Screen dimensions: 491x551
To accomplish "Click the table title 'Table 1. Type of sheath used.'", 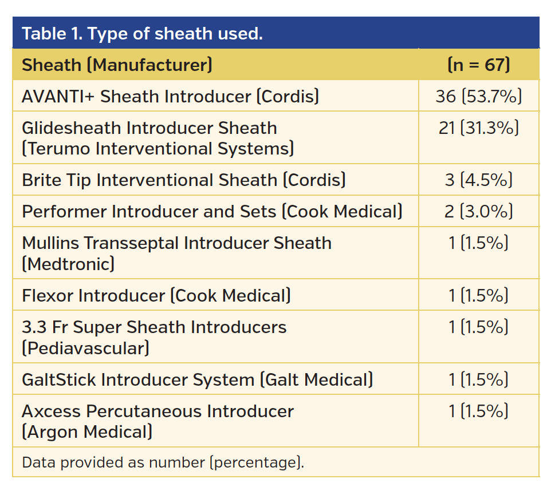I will [x=142, y=34].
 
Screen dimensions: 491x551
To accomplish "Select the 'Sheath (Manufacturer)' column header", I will [x=117, y=65].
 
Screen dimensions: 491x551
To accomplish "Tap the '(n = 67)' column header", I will [x=478, y=65].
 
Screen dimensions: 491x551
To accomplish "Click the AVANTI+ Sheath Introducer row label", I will [x=170, y=96].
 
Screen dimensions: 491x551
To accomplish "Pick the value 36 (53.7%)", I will [x=478, y=96].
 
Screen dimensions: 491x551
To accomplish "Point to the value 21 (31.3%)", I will [x=478, y=128].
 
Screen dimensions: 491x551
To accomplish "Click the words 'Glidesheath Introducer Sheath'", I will [x=149, y=128].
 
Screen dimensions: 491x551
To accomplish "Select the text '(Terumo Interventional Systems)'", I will [x=158, y=149].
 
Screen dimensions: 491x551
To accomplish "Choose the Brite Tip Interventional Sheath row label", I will [x=183, y=180].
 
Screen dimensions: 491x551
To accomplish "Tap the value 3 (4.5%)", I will [x=478, y=180].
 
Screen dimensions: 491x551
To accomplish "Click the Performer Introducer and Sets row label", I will [x=212, y=212].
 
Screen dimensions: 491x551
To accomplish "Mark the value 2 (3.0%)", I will [x=478, y=212].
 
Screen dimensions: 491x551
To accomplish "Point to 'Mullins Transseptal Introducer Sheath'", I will [x=176, y=243].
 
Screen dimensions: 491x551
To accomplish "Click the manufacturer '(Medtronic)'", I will [x=68, y=264].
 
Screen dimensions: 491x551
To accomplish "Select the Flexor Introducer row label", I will [x=156, y=296].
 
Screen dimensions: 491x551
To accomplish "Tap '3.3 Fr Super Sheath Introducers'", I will [x=154, y=327].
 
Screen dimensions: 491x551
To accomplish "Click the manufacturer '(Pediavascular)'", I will [x=85, y=348].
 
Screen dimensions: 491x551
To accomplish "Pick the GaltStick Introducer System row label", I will [x=197, y=379].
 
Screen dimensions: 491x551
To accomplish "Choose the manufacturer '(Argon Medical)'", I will [x=87, y=432].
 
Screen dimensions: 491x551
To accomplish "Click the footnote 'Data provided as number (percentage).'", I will [x=163, y=462].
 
